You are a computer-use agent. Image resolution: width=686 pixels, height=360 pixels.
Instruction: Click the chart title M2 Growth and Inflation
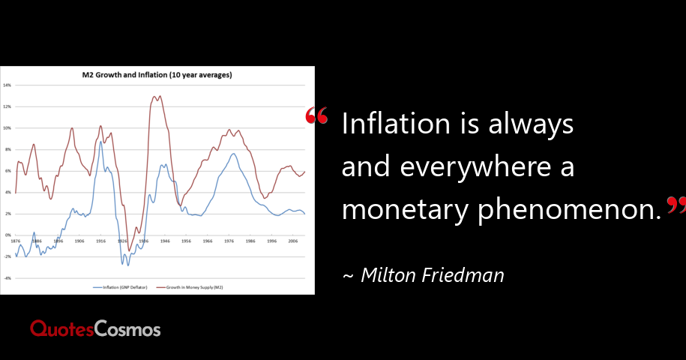pyautogui.click(x=157, y=75)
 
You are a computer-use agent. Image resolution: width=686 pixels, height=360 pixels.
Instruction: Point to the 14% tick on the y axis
pyautogui.click(x=7, y=85)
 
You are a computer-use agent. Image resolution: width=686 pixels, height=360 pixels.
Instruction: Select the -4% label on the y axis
pyautogui.click(x=7, y=278)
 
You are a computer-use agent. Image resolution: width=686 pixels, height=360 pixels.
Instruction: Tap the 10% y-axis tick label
pyautogui.click(x=7, y=128)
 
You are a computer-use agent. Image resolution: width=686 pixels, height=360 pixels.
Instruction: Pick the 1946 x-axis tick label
pyautogui.click(x=165, y=241)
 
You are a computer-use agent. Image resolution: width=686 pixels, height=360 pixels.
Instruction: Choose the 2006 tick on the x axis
pyautogui.click(x=293, y=241)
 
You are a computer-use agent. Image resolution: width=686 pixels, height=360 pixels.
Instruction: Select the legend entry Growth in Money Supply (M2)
pyautogui.click(x=190, y=286)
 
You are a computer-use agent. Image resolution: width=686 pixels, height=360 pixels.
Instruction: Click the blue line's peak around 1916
pyautogui.click(x=100, y=141)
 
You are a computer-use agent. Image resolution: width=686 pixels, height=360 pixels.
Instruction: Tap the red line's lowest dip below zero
pyautogui.click(x=129, y=250)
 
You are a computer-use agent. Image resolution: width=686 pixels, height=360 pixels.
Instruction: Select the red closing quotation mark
pyautogui.click(x=676, y=204)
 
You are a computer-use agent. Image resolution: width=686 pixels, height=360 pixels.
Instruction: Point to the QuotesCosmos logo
pyautogui.click(x=95, y=328)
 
